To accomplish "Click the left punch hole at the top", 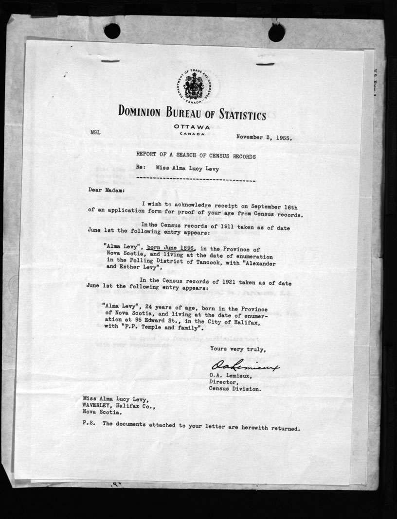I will pos(112,31).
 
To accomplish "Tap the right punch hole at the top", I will pos(276,32).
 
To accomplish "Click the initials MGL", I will pos(95,132).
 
